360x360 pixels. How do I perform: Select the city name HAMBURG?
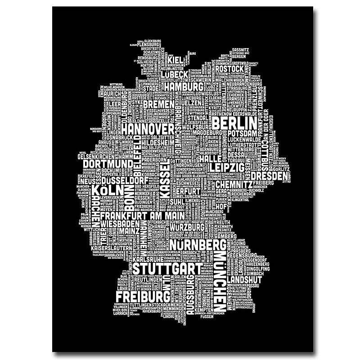[x=183, y=86]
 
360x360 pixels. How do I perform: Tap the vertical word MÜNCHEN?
[x=220, y=283]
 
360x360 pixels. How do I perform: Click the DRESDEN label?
[x=269, y=175]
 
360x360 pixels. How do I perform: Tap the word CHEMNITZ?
[x=234, y=184]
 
